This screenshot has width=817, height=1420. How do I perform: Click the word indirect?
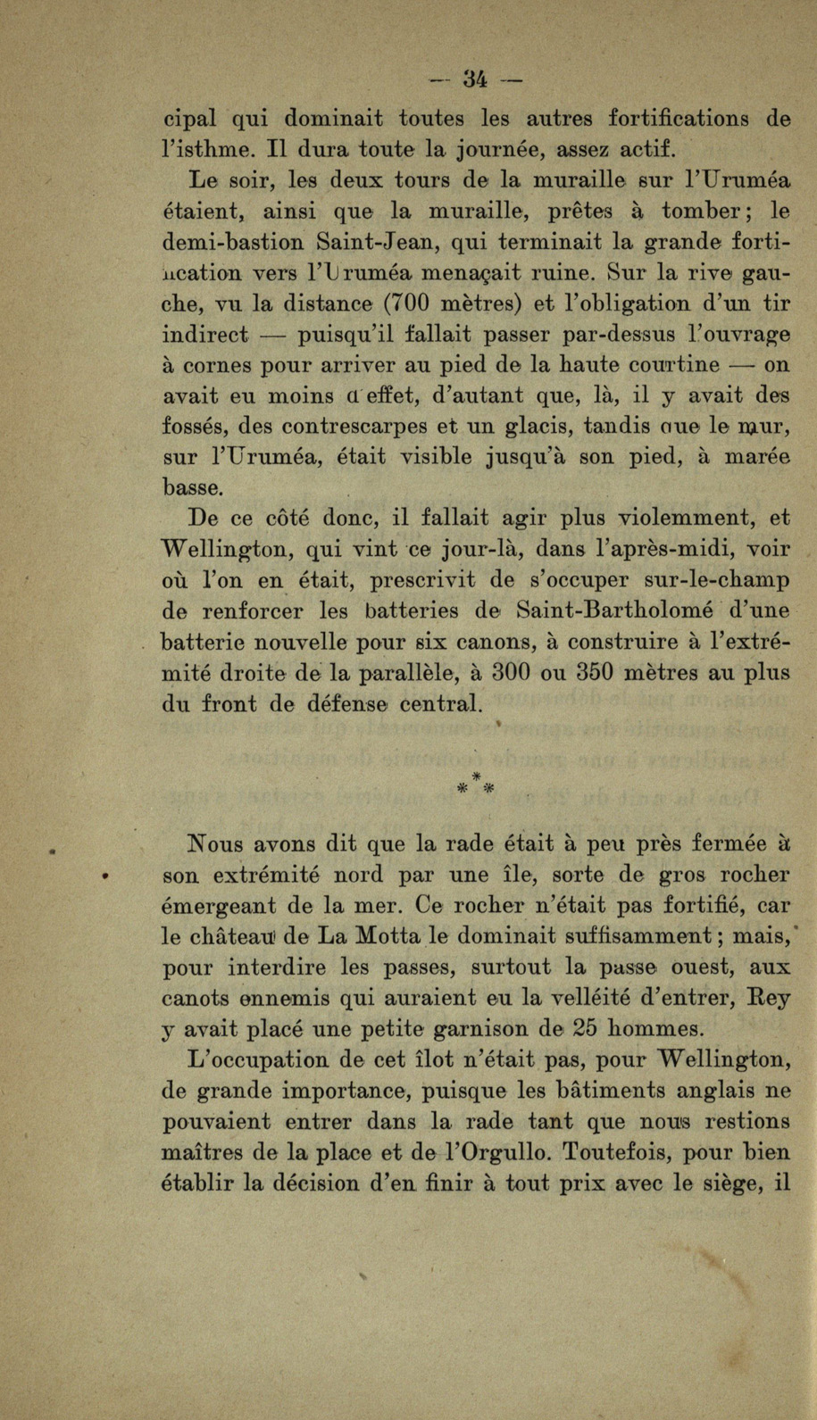[205, 335]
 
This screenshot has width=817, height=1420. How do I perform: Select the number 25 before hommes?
[585, 1027]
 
